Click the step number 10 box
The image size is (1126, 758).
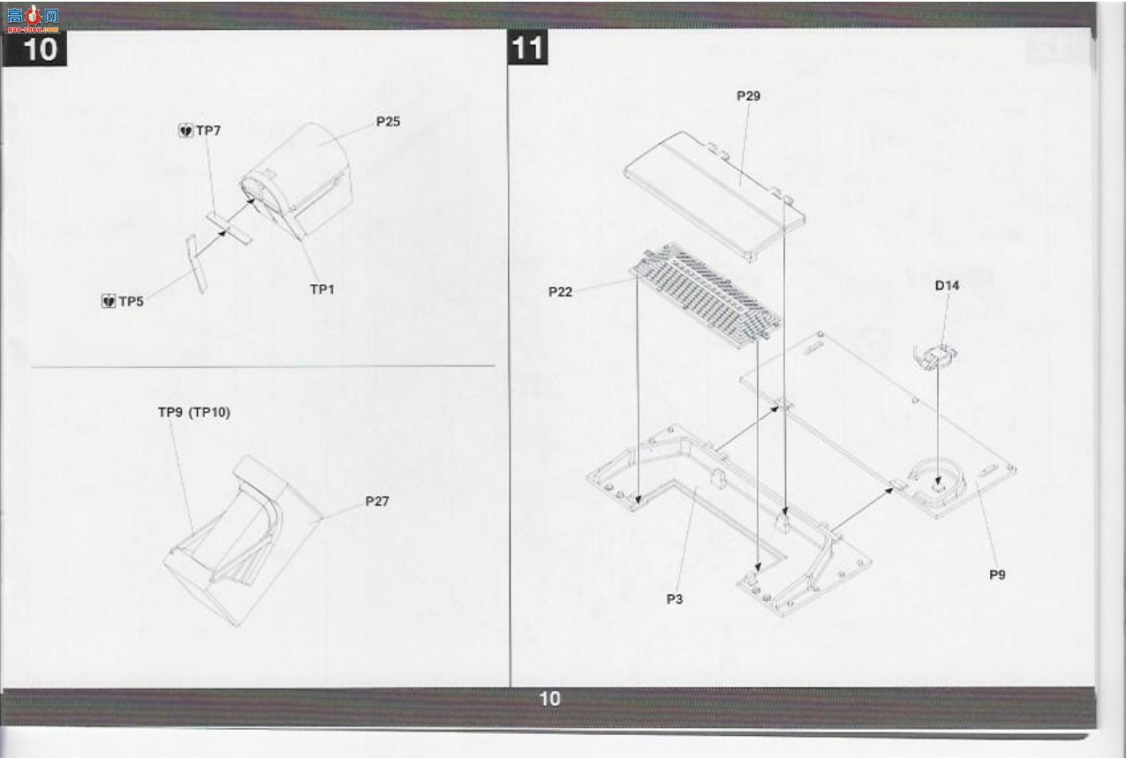coord(34,49)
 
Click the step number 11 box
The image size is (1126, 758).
coord(528,48)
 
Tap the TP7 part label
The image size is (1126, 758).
coord(208,131)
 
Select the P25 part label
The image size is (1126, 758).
coord(388,122)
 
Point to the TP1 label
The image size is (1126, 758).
coord(322,289)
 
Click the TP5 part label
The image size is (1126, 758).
coord(132,302)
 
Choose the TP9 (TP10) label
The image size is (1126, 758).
coord(194,412)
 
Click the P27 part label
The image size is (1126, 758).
coord(377,501)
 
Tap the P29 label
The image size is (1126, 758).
coord(749,96)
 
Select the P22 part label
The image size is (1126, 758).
coord(560,292)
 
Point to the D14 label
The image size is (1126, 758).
coord(947,285)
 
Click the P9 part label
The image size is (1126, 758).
coord(997,574)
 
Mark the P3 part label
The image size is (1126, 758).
coord(675,599)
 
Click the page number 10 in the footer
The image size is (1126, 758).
coord(549,699)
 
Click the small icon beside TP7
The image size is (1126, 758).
coord(186,131)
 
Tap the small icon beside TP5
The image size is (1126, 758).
coord(109,302)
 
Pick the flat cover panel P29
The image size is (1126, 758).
coord(714,196)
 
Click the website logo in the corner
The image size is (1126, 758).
coord(34,19)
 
